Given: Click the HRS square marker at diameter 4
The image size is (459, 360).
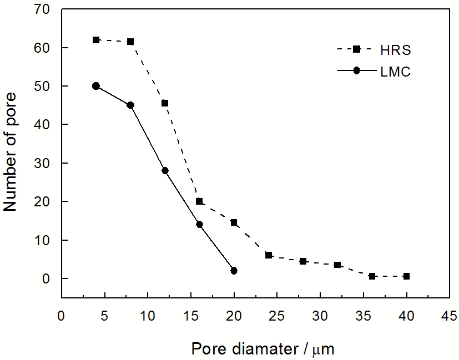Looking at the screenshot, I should [96, 40].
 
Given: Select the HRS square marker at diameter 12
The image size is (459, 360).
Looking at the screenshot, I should [165, 103].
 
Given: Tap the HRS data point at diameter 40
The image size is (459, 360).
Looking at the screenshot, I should [406, 276].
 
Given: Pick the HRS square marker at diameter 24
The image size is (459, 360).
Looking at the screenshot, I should [269, 255].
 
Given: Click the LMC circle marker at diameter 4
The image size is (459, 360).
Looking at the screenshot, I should [96, 86].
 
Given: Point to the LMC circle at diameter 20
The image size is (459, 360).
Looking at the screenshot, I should [234, 271].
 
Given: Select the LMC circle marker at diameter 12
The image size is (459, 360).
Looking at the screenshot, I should [165, 171].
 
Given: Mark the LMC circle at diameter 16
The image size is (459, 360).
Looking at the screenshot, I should [199, 225].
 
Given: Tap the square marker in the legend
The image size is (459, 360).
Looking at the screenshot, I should [357, 49].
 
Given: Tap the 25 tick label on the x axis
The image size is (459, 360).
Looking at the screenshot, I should [269, 315].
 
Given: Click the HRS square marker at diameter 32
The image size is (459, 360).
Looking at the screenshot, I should [337, 265].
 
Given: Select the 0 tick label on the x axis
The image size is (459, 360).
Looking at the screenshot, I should [61, 315].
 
